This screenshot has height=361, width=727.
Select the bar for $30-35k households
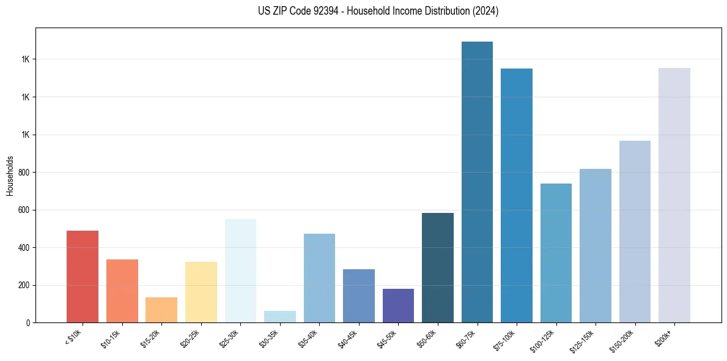tap(279, 316)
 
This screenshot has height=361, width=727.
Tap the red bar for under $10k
tap(83, 277)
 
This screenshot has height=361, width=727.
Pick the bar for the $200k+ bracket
tap(674, 195)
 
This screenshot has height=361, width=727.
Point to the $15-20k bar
tap(161, 310)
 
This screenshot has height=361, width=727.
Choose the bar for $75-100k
tap(517, 196)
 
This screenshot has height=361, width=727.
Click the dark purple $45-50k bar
tap(398, 305)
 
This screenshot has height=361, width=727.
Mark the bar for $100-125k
tap(556, 253)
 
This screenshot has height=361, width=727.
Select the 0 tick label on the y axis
tap(28, 323)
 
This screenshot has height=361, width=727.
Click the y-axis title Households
tap(10, 176)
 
